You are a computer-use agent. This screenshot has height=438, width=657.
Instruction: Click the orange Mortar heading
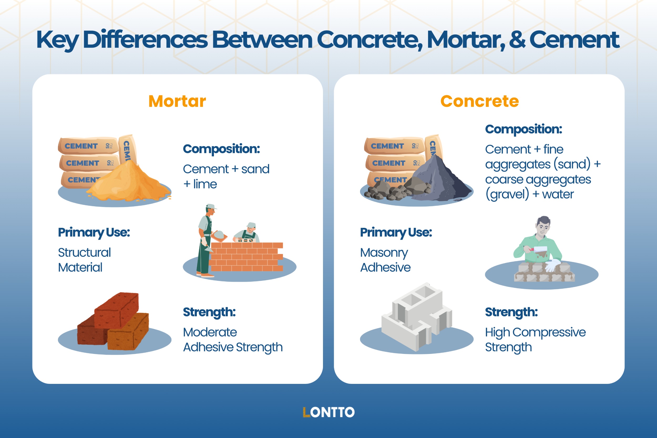tap(177, 101)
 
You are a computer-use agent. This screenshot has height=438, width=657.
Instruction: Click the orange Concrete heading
tap(479, 101)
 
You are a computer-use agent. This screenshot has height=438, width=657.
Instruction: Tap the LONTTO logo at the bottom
tap(328, 412)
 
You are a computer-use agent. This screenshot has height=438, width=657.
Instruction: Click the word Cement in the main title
tap(574, 40)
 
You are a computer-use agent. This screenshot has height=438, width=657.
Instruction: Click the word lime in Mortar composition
tap(205, 184)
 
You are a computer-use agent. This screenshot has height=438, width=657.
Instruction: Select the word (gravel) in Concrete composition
tap(507, 194)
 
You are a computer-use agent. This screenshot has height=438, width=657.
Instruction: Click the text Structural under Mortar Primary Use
tap(84, 253)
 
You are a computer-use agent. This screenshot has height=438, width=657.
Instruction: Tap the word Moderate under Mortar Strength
tap(210, 332)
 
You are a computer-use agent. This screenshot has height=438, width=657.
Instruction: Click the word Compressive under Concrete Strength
tap(549, 332)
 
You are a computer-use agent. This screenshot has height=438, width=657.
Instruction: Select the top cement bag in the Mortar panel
tap(88, 146)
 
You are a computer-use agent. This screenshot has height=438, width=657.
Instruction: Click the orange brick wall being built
tap(246, 257)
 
